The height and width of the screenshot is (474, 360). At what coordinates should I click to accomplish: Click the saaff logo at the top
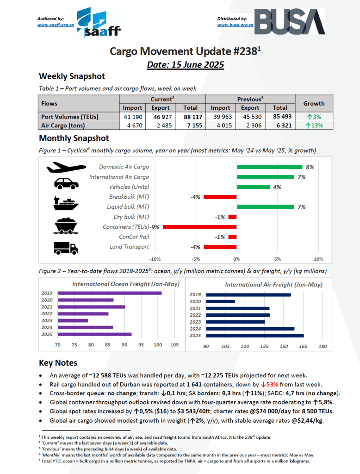[x=98, y=23]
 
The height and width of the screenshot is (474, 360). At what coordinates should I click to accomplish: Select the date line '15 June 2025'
[x=185, y=64]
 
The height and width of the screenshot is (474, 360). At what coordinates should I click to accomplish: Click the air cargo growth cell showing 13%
[x=314, y=125]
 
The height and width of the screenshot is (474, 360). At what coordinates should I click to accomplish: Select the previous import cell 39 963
[x=220, y=117]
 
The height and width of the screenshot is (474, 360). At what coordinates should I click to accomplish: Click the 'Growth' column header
[x=314, y=104]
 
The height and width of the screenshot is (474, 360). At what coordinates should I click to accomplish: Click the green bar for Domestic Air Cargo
[x=269, y=167]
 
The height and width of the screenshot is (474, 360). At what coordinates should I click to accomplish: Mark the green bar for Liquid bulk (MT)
[x=265, y=207]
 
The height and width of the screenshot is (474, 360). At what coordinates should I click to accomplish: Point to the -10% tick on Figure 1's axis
[x=155, y=259]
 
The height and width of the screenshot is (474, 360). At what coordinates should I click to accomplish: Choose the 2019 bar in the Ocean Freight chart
[x=109, y=293]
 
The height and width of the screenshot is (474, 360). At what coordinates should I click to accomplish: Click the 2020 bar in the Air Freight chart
[x=221, y=301]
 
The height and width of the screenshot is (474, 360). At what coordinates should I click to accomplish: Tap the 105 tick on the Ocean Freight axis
[x=174, y=345]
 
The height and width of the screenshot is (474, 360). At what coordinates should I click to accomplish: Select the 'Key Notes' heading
[x=58, y=363]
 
